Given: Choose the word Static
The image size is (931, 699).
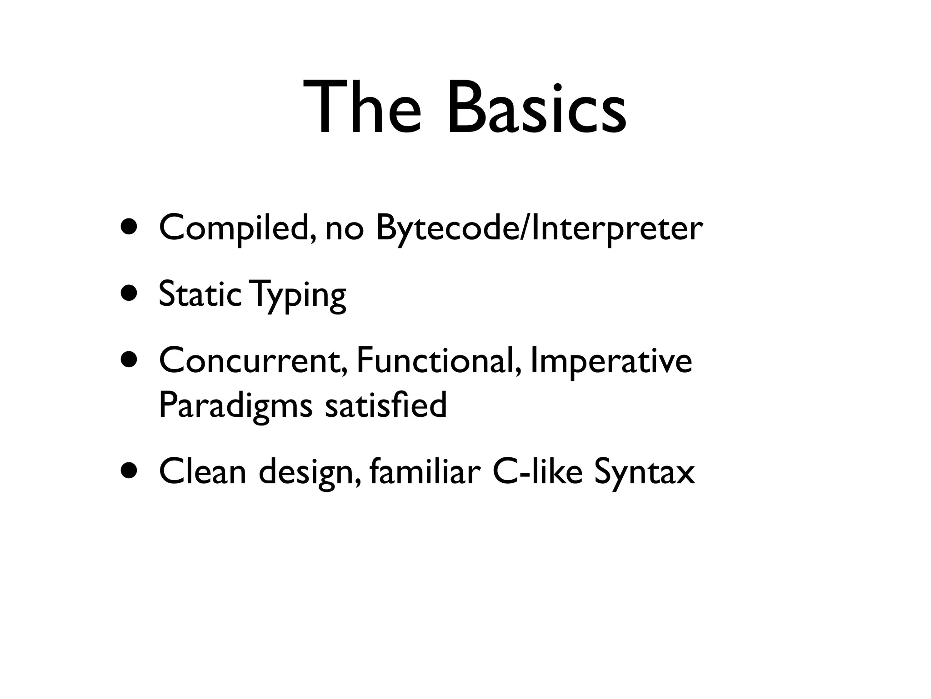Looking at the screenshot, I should click(200, 294).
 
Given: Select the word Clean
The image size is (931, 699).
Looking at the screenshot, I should click(203, 472).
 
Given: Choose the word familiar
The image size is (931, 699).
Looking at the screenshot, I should click(425, 472).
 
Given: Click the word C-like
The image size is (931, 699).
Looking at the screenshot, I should click(537, 472).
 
